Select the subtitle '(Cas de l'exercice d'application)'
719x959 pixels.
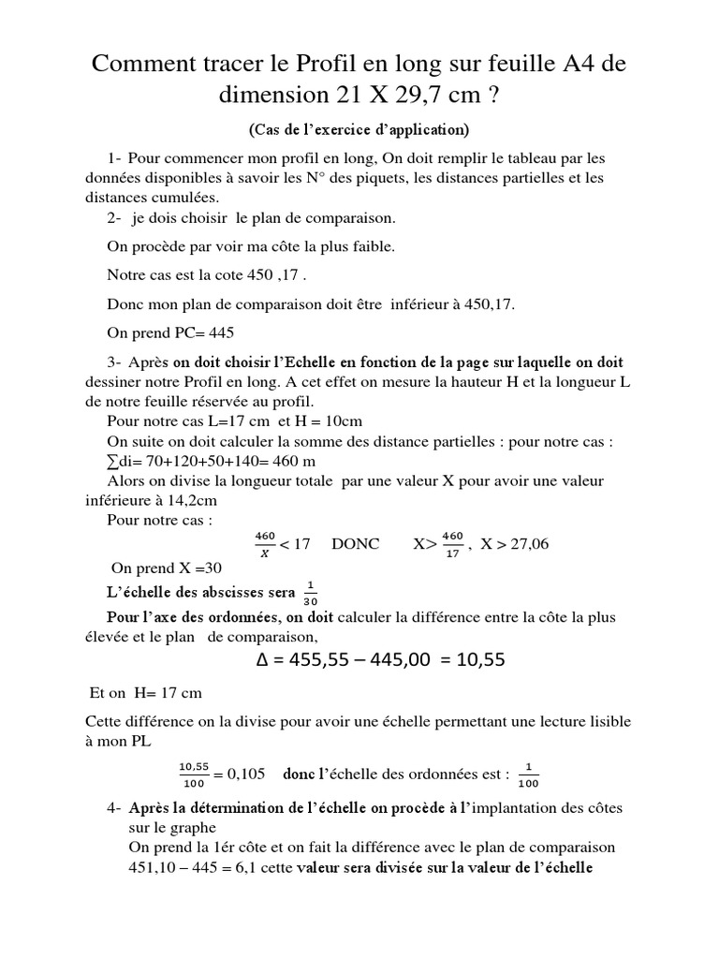pyautogui.click(x=359, y=128)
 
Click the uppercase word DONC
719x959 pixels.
pyautogui.click(x=356, y=544)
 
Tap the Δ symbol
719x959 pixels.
pyautogui.click(x=265, y=660)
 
